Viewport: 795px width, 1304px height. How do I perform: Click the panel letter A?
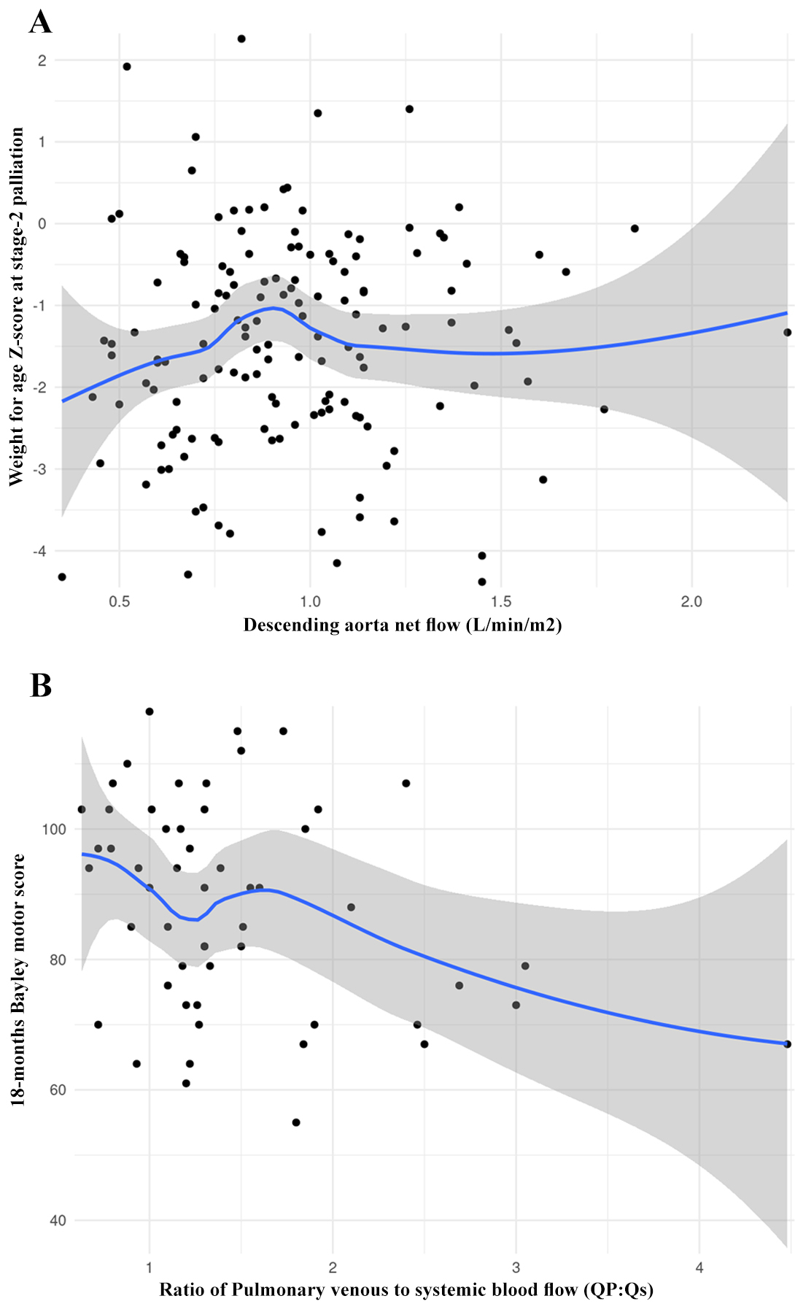coord(41,22)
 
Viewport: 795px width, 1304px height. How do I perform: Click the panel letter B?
coord(41,685)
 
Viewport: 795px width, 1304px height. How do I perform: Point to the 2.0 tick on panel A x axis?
coord(691,602)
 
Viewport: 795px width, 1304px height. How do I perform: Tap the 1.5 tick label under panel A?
coord(501,602)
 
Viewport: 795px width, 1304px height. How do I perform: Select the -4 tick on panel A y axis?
coord(40,551)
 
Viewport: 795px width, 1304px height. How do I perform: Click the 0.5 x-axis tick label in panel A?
coord(120,602)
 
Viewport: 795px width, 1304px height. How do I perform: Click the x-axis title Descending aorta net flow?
coord(403,625)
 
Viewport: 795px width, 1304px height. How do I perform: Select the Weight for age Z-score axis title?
coord(16,306)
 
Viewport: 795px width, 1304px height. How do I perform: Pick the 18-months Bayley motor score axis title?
coord(18,980)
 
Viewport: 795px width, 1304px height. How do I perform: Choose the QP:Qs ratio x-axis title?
coord(406,1289)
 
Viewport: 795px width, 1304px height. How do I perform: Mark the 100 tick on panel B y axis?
coord(54,829)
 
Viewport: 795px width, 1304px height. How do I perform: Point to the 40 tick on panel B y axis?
coord(58,1220)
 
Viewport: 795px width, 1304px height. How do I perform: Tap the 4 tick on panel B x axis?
coord(699,1268)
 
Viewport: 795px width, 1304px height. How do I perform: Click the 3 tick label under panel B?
coord(516,1268)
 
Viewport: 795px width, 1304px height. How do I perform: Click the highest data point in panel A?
coord(241,39)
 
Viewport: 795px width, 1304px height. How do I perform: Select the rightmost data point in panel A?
coord(787,333)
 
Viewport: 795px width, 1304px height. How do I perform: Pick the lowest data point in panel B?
coord(296,1122)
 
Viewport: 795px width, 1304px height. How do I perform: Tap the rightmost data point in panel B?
coord(787,1044)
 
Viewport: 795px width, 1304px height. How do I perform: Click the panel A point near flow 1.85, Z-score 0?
coord(635,228)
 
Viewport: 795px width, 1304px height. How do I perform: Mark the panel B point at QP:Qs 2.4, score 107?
coord(406,783)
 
